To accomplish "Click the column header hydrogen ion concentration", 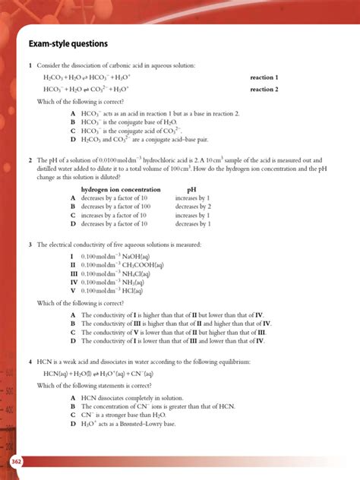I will pos(121,188).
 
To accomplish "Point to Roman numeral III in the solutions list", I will pos(74,273).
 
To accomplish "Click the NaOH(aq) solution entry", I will pos(113,257).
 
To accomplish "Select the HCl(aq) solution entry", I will pos(112,290).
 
